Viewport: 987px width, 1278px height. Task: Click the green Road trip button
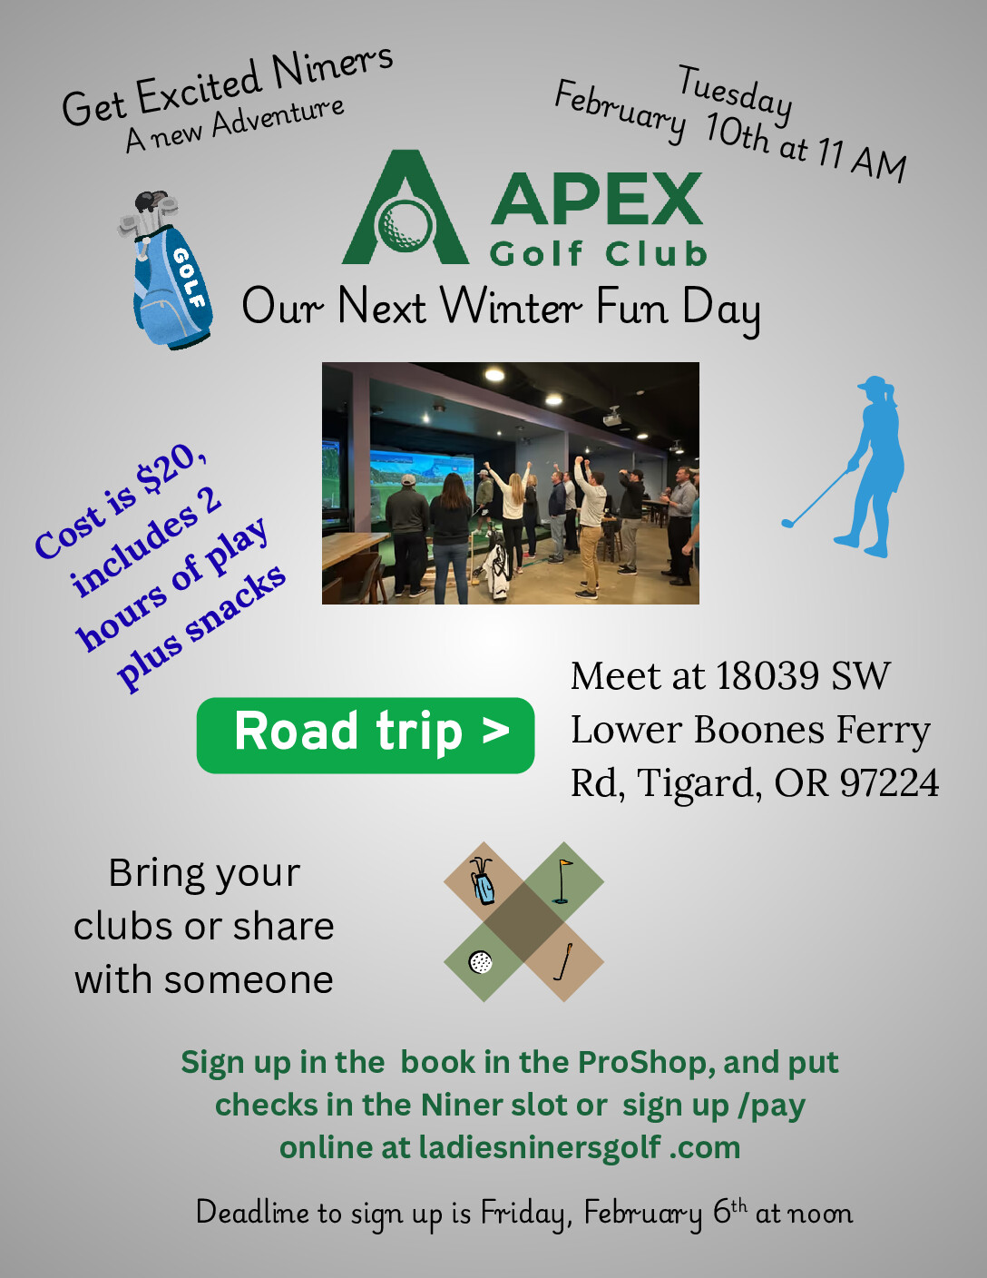pos(365,735)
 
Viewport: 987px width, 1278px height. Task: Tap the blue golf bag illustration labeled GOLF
pos(167,270)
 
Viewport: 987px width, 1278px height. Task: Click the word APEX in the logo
pos(597,199)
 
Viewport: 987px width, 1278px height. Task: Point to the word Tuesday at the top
pos(736,97)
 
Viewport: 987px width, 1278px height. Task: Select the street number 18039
pos(767,675)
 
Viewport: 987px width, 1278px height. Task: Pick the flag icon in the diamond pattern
pos(562,881)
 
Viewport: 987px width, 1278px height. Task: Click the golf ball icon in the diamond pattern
pos(481,962)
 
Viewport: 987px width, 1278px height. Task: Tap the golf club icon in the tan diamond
pos(562,961)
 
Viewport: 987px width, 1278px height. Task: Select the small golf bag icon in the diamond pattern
pos(483,880)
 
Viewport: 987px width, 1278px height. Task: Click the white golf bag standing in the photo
pos(497,567)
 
